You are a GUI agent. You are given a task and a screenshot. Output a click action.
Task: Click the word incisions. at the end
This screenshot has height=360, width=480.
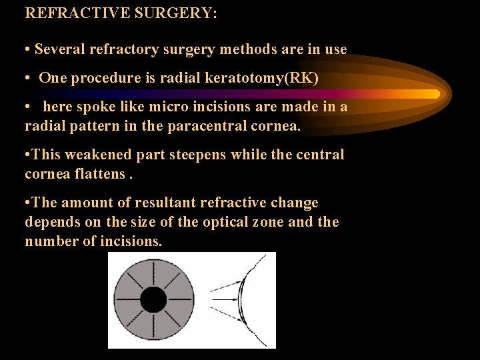131,241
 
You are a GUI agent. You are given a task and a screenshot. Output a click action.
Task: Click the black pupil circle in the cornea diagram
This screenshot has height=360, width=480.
153,300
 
